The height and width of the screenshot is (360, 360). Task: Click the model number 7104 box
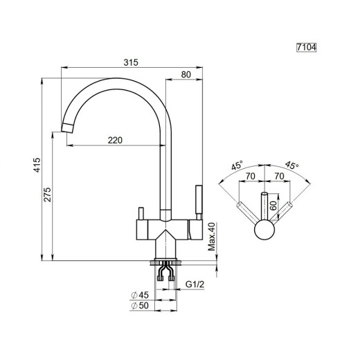(x=306, y=47)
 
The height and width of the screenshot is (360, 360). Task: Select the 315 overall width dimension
(x=131, y=62)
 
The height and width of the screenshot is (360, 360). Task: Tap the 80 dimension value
(x=186, y=75)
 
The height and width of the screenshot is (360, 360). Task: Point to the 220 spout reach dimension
(x=115, y=140)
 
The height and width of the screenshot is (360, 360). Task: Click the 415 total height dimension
(x=37, y=165)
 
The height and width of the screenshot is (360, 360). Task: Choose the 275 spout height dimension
(x=47, y=195)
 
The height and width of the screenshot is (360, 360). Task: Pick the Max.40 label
(x=211, y=237)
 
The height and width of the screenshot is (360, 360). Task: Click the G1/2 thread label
(x=195, y=285)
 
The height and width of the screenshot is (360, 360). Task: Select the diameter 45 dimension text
(x=140, y=295)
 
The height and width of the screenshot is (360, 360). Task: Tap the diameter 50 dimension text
(x=140, y=305)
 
